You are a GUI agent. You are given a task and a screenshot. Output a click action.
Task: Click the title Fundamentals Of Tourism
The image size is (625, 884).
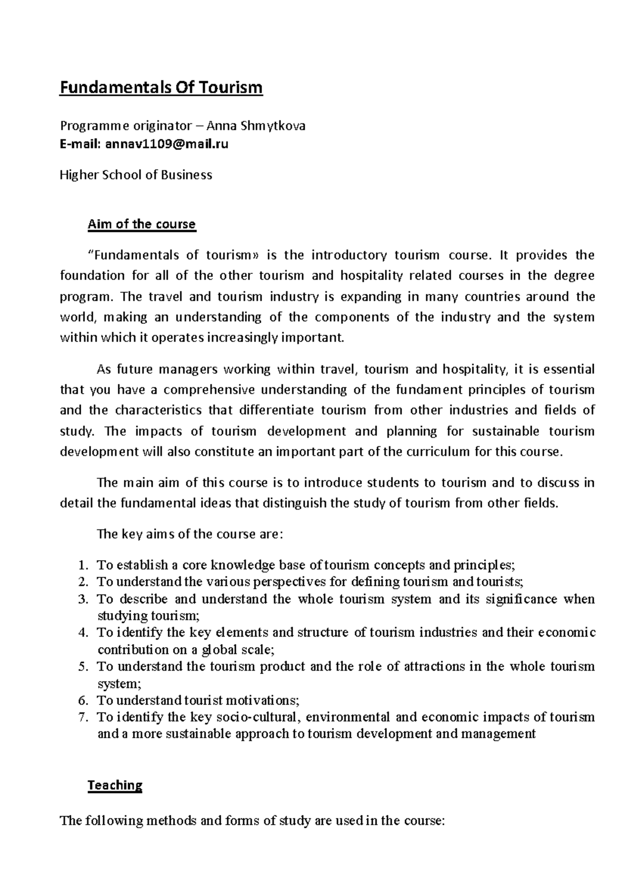click(161, 87)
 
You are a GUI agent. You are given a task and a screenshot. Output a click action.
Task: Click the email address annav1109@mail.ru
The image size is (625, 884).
click(167, 144)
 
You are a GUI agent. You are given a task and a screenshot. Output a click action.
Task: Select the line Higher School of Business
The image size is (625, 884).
click(136, 175)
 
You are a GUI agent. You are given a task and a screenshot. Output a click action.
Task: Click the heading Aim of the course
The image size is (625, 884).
click(142, 224)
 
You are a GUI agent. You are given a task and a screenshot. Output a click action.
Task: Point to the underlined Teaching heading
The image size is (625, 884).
click(115, 785)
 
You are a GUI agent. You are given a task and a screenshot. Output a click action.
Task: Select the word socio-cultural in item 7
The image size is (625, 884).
click(257, 717)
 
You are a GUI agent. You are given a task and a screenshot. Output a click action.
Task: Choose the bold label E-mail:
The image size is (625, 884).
click(80, 144)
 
